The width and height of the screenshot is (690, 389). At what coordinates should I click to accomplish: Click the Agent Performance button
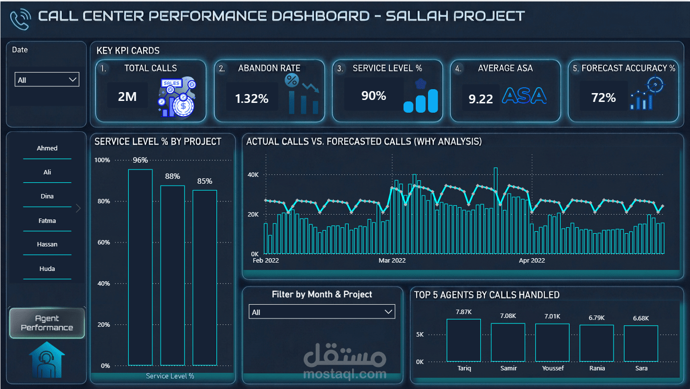47,323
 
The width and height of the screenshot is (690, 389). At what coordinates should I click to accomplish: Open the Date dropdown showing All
47,79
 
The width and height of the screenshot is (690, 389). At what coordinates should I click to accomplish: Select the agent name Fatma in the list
47,220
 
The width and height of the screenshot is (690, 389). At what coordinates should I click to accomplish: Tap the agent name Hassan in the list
47,244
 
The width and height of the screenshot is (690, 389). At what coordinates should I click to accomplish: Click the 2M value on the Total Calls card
127,97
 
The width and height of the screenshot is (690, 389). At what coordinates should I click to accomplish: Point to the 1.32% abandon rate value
252,98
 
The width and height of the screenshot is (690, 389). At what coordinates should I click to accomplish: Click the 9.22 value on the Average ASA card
480,99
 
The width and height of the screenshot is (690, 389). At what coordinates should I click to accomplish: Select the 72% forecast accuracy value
603,97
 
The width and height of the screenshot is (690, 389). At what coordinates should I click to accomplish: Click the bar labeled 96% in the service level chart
141,267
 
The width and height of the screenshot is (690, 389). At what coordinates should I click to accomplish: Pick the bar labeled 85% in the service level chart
205,278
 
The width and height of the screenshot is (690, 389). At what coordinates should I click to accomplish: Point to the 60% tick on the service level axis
104,243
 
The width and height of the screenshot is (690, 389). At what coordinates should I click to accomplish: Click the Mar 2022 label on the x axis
392,261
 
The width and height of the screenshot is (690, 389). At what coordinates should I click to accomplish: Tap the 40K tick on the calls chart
253,175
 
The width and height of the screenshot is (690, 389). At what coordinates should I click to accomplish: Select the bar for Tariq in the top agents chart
464,340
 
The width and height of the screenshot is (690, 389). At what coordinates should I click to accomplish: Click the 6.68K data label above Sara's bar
641,318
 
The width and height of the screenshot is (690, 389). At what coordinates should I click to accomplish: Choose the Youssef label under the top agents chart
553,368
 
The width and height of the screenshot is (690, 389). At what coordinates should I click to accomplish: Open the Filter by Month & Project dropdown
322,312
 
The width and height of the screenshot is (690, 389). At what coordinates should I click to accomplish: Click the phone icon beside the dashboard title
21,19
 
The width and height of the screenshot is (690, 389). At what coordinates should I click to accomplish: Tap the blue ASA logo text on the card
524,95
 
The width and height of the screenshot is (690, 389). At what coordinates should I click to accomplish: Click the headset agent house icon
47,360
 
